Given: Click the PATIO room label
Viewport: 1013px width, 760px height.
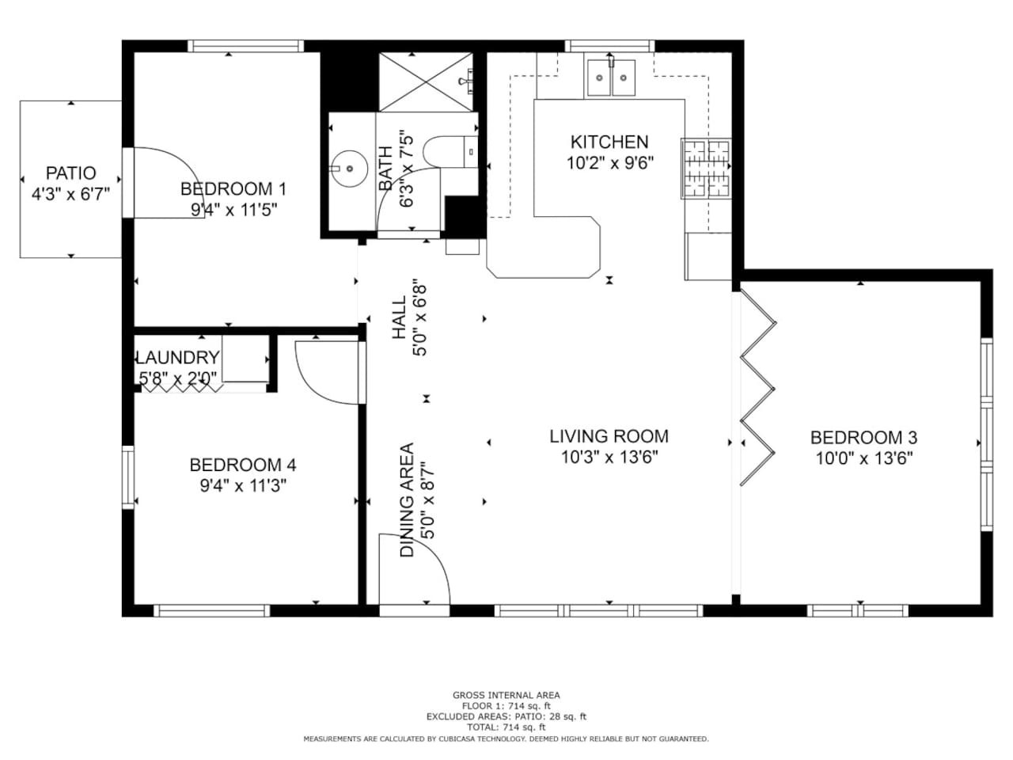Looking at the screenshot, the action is pos(70,173).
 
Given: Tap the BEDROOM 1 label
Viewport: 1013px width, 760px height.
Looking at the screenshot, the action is pos(233,188).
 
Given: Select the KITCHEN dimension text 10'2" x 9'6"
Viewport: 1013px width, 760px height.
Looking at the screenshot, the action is pos(609,163).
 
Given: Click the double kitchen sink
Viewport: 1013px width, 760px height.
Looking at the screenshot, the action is pos(611,78).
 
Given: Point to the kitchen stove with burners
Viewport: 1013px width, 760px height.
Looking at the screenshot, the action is pos(706,169).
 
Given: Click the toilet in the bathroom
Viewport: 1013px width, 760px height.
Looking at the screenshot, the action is pos(450,152).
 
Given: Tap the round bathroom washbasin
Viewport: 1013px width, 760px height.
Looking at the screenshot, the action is pos(349,169).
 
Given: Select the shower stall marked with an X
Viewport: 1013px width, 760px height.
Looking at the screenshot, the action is pos(426,82).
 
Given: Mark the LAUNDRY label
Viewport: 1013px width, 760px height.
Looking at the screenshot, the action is pos(178,358).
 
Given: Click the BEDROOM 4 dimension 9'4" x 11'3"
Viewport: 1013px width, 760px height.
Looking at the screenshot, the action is pos(243,485).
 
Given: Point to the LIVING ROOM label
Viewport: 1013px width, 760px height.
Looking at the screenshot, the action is pos(609,436).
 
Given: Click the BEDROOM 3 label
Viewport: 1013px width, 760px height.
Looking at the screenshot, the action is pos(863,438).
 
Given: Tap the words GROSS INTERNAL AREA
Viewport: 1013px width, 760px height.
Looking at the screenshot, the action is pos(506,695).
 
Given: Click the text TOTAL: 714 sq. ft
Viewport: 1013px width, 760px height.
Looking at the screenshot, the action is pos(506,728).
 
